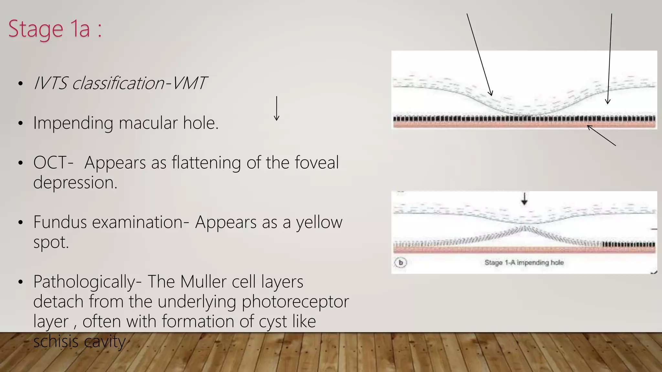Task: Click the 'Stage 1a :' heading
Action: pyautogui.click(x=55, y=29)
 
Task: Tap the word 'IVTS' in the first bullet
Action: pyautogui.click(x=50, y=83)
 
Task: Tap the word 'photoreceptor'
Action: pyautogui.click(x=295, y=302)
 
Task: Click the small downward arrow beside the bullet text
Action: pyautogui.click(x=276, y=108)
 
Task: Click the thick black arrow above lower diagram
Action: pyautogui.click(x=524, y=199)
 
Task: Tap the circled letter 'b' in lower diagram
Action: pyautogui.click(x=401, y=262)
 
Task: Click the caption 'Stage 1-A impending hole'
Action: pyautogui.click(x=524, y=263)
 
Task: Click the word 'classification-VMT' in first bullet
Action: pyautogui.click(x=139, y=83)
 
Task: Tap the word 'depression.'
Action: pyautogui.click(x=75, y=183)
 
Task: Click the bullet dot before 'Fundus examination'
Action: pyautogui.click(x=21, y=222)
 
